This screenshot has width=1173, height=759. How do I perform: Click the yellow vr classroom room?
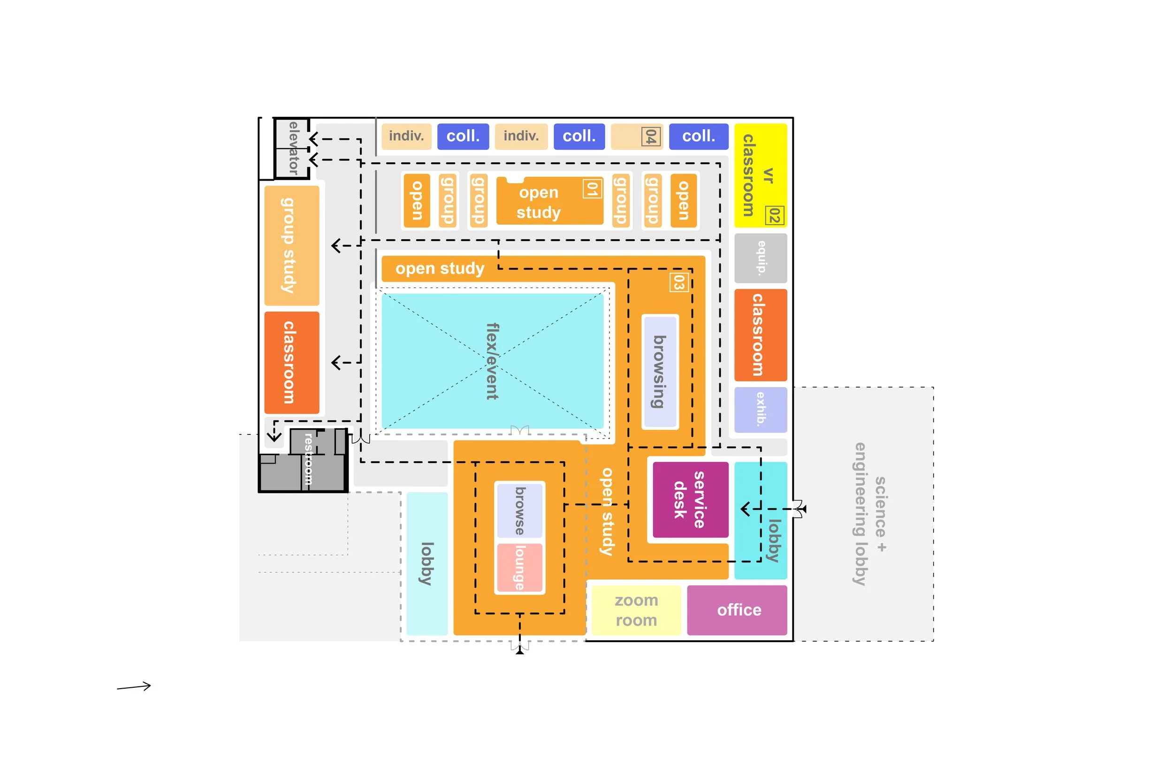tap(760, 175)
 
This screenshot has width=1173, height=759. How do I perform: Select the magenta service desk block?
tap(690, 499)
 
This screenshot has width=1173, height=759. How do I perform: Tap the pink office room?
tap(736, 610)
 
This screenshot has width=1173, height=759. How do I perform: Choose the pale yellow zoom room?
tap(636, 610)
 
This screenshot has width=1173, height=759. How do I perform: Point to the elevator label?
tap(293, 147)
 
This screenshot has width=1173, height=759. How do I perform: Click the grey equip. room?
tap(760, 258)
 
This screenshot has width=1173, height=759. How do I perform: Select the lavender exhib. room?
tap(760, 409)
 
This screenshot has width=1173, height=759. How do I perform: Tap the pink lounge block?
tap(519, 567)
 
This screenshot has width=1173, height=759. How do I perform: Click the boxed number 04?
tap(651, 137)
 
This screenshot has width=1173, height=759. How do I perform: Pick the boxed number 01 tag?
tap(592, 188)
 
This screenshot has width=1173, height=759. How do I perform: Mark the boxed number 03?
tap(678, 282)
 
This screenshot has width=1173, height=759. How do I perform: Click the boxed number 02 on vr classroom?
tap(774, 216)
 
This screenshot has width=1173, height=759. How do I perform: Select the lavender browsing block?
tap(659, 372)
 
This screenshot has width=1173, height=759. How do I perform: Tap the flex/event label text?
tap(492, 361)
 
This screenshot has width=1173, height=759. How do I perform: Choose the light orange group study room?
tap(291, 245)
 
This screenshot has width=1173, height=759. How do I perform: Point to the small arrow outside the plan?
tap(134, 687)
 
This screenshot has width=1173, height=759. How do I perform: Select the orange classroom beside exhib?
tap(760, 334)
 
